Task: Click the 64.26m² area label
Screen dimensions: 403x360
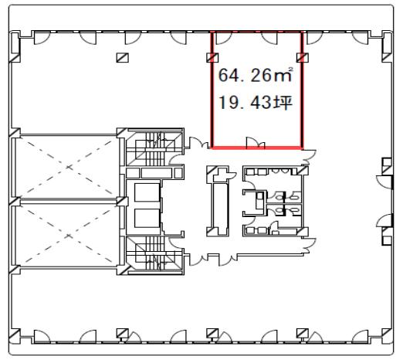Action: [x=255, y=75]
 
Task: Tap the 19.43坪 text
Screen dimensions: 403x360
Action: [x=255, y=102]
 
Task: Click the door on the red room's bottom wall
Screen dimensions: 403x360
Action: [x=253, y=143]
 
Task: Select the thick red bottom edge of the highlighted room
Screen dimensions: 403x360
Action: [x=256, y=148]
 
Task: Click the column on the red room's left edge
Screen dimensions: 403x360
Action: [x=212, y=57]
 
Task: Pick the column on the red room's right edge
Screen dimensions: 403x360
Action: [x=303, y=57]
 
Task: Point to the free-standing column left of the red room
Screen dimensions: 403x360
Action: [x=123, y=57]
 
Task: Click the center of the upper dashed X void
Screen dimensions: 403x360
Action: [x=68, y=167]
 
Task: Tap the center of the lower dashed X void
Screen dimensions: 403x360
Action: [x=68, y=236]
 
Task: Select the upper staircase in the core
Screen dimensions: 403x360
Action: [x=154, y=149]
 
